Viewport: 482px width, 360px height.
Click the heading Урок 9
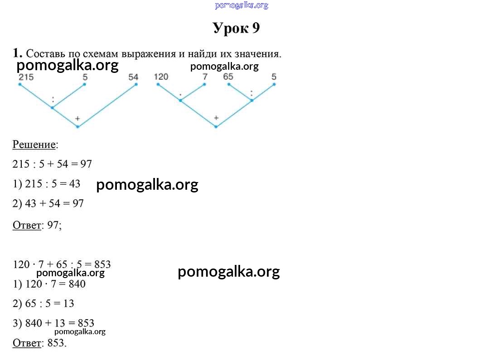(x=236, y=29)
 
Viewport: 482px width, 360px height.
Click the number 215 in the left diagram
(x=26, y=77)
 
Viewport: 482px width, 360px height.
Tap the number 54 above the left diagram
(x=133, y=77)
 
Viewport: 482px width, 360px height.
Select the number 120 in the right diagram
(x=161, y=77)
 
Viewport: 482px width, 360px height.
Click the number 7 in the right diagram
(x=205, y=77)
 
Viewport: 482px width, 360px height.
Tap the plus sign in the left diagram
(x=77, y=118)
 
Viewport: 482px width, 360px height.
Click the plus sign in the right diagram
(x=216, y=118)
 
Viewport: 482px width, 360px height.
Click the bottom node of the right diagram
(x=216, y=127)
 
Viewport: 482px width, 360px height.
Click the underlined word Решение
(x=34, y=145)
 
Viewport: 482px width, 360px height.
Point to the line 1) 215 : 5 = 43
(x=47, y=184)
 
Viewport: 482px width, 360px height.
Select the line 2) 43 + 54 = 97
(x=48, y=204)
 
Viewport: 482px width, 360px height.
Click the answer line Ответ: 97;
(x=37, y=225)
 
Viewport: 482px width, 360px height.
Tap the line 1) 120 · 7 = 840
(x=49, y=284)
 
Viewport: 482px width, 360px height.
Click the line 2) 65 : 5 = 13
(x=43, y=303)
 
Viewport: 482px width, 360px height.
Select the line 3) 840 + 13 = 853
(x=53, y=323)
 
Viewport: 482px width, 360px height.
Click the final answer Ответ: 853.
(x=39, y=343)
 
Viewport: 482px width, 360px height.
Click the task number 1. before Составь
(x=18, y=53)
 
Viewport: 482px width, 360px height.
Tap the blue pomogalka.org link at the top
(x=241, y=5)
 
